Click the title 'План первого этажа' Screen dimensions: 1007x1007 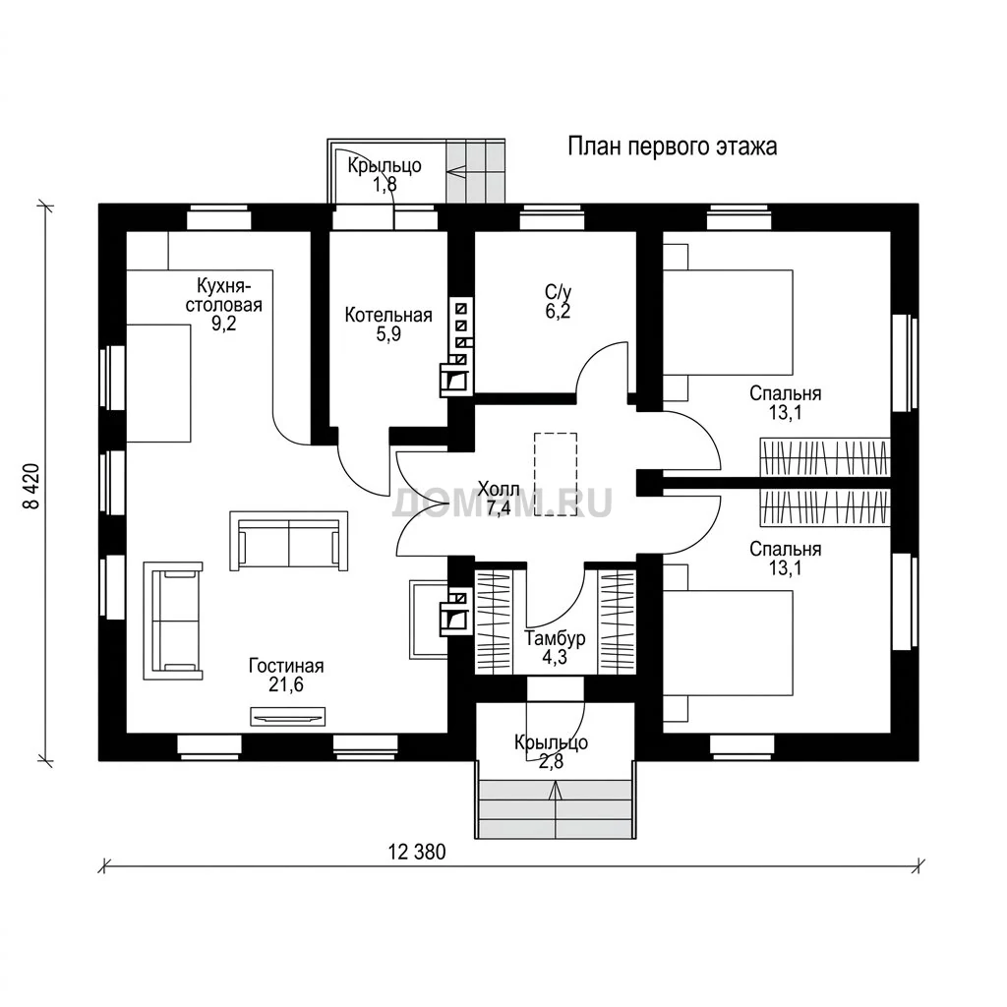click(672, 148)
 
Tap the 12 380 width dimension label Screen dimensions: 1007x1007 click(417, 853)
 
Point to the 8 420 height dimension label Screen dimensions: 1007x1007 click(31, 486)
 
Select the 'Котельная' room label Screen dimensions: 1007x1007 click(387, 316)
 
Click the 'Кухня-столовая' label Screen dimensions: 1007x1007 click(224, 294)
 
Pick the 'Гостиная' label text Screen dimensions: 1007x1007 click(286, 666)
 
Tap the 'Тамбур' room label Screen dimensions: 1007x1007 click(555, 638)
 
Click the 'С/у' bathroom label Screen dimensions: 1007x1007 click(558, 292)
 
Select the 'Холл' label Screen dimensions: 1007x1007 click(499, 489)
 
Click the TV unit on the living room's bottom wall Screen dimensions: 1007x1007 click(288, 716)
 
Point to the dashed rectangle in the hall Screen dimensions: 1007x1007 click(556, 474)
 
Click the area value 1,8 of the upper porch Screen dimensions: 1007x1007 click(385, 185)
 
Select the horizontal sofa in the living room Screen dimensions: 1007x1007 click(288, 541)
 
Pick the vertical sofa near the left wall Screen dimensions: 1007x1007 click(173, 622)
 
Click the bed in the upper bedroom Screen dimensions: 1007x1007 click(728, 323)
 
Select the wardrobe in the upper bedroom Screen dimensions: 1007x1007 click(825, 457)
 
